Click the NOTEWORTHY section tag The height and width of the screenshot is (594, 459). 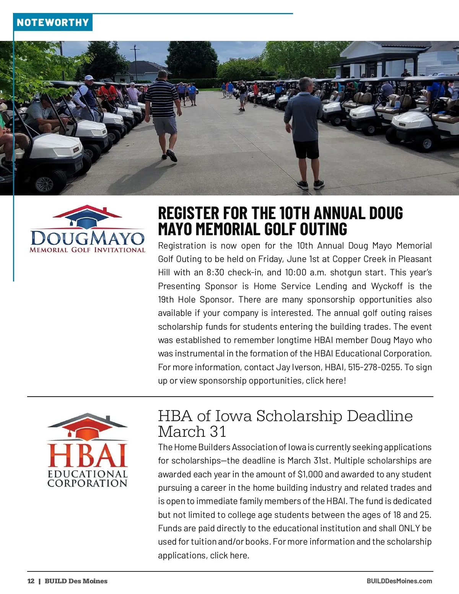(53, 23)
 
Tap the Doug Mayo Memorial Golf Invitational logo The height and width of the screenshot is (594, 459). (88, 229)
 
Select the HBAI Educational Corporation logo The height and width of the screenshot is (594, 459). (87, 451)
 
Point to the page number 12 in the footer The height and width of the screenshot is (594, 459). (31, 581)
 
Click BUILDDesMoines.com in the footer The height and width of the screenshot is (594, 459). (399, 581)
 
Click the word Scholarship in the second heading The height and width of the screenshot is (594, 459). (299, 416)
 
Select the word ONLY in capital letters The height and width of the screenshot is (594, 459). (409, 528)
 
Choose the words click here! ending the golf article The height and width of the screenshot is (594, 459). (326, 381)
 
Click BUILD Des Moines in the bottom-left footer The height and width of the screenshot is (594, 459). (76, 581)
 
